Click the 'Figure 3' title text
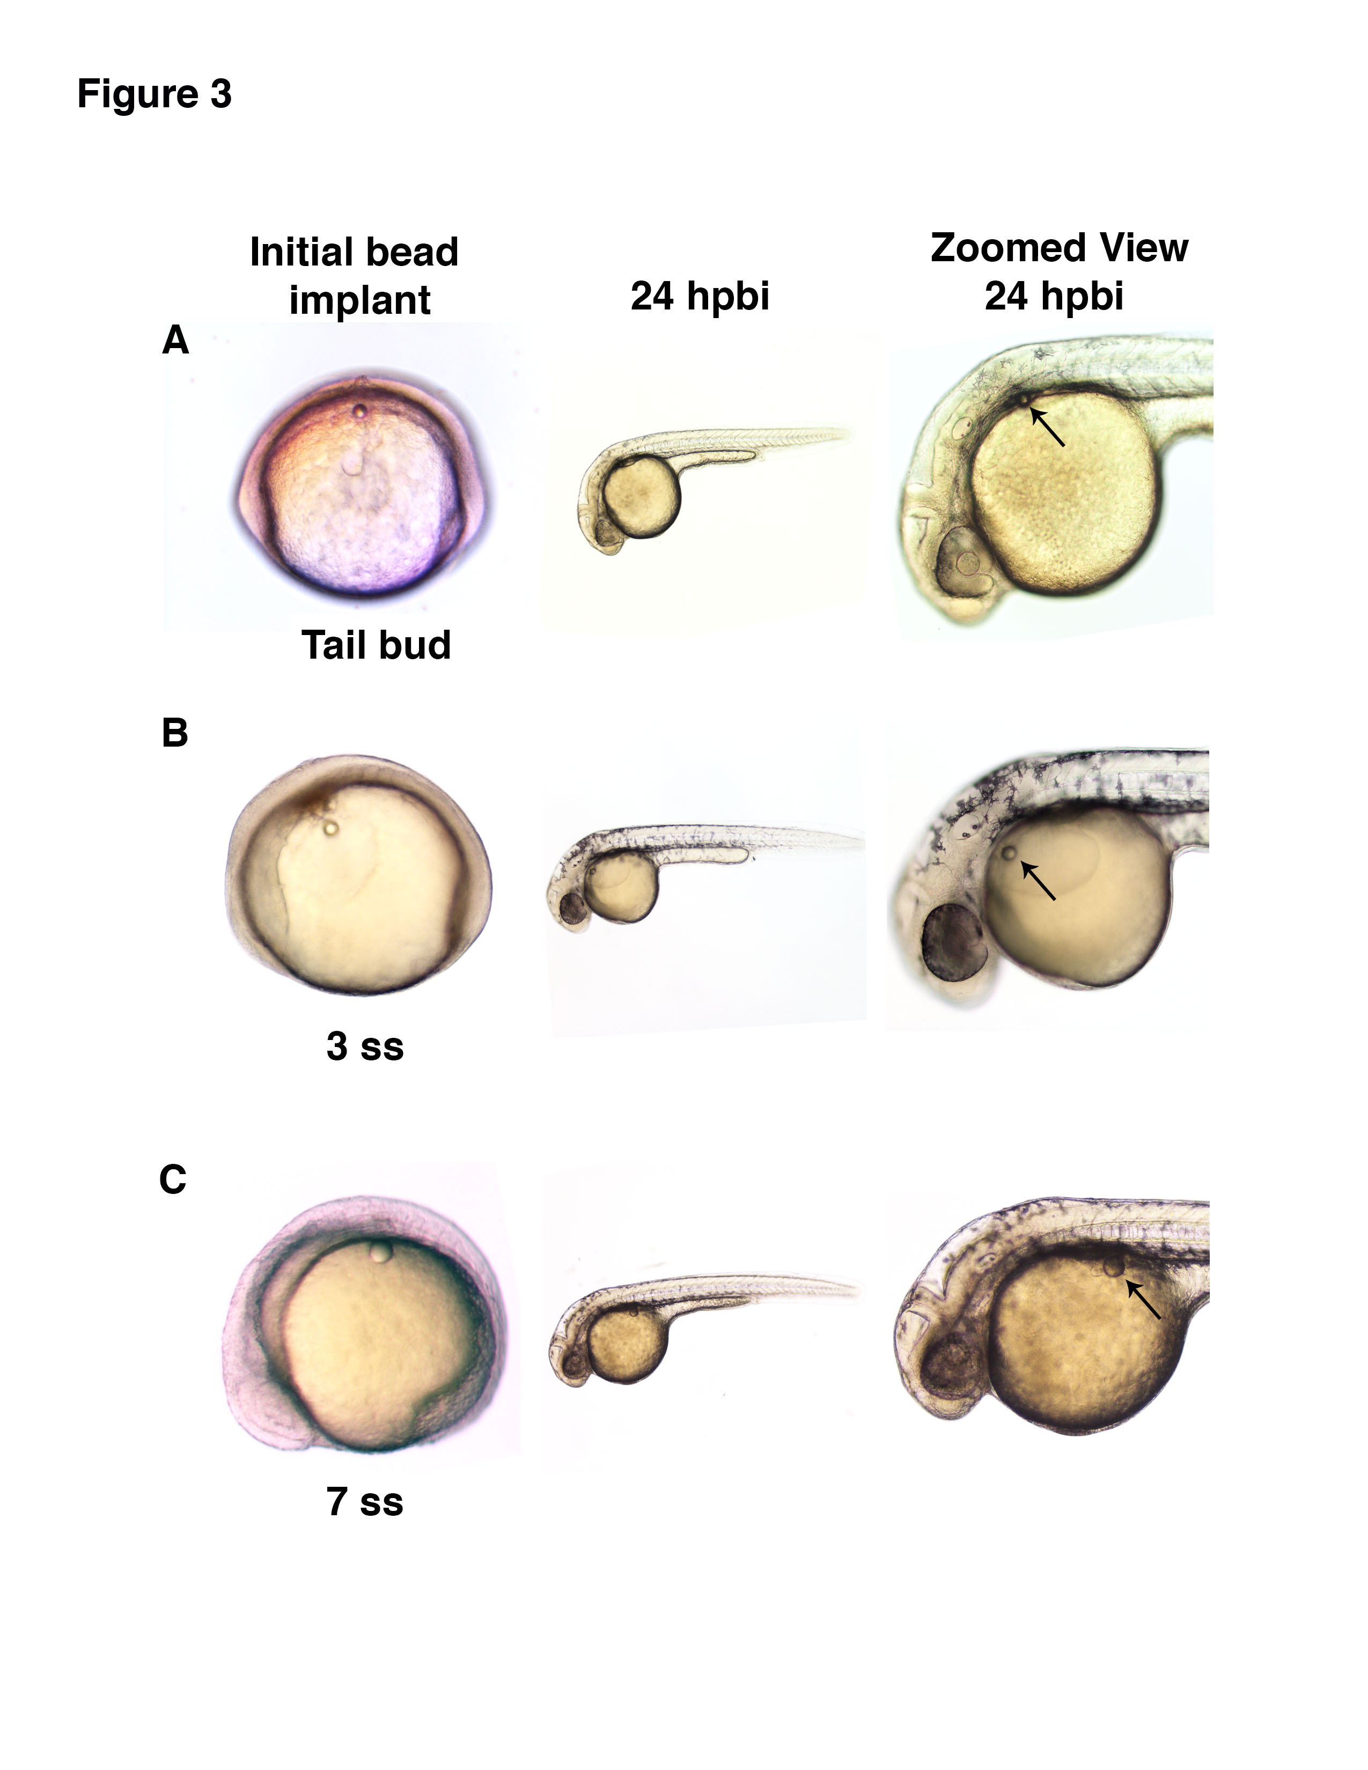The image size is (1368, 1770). pos(154,94)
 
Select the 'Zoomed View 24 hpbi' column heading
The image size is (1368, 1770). pos(1058,271)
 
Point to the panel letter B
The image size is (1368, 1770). pos(175,733)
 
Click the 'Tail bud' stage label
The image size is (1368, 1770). pos(376,646)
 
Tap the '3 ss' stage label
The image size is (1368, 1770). pos(365,1046)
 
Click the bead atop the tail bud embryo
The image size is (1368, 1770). pos(359,411)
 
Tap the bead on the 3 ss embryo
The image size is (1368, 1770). pos(330,828)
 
